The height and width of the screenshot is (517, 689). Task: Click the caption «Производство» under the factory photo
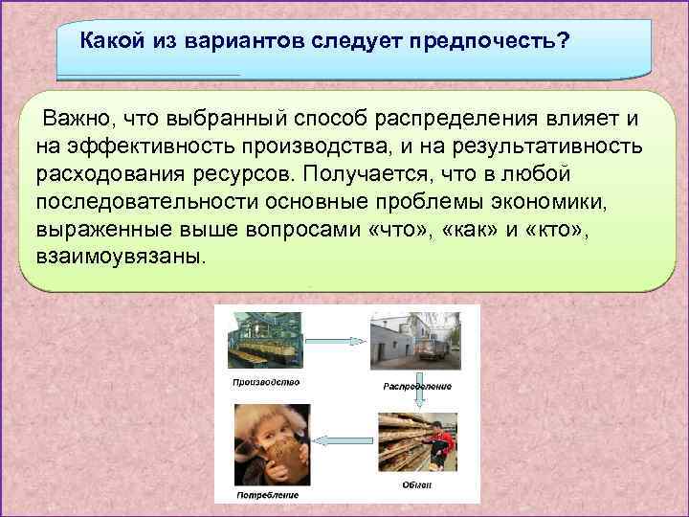265,381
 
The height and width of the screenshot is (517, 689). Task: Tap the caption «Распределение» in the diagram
416,387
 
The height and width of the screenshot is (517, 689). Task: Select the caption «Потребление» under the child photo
269,495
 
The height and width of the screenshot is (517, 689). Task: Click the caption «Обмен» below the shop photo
415,485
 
